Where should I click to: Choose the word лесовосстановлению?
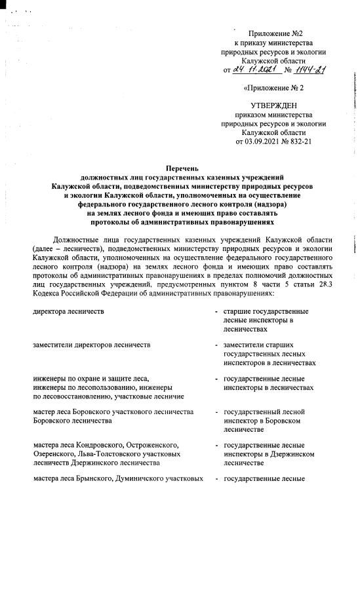pyautogui.click(x=68, y=396)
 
